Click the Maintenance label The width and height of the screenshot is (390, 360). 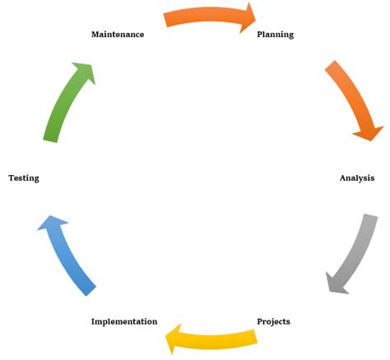click(x=118, y=35)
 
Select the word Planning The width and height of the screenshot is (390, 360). click(x=275, y=35)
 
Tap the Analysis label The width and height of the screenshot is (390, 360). click(x=357, y=178)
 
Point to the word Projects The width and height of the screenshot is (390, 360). click(x=273, y=321)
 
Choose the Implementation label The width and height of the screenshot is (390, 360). click(x=124, y=321)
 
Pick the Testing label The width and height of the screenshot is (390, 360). click(x=24, y=178)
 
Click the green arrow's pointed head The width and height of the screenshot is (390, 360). click(x=85, y=72)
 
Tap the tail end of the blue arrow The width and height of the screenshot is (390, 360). click(x=89, y=288)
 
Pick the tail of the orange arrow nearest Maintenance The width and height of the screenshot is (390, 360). click(x=168, y=20)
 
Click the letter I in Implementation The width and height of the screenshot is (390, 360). click(x=93, y=321)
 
